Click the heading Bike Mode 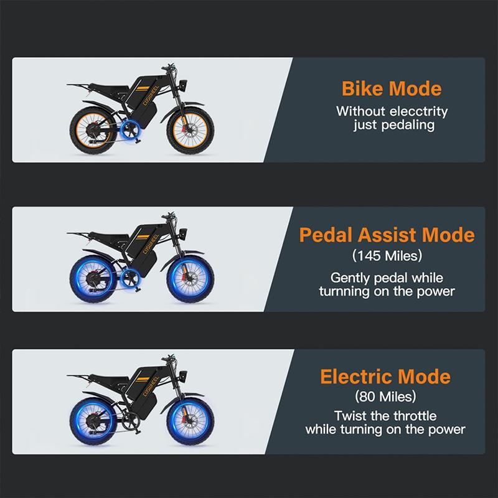point(392,88)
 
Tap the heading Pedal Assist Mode point(387,235)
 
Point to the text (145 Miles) point(387,255)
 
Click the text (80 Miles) point(385,396)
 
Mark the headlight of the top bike point(184,83)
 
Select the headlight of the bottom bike point(184,373)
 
